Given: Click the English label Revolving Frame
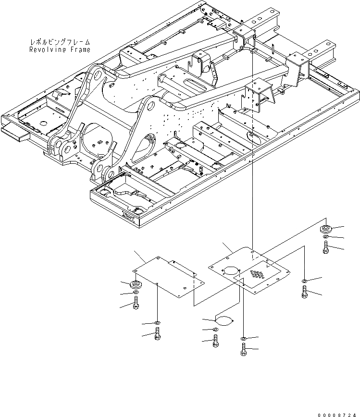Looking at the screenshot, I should pyautogui.click(x=59, y=49).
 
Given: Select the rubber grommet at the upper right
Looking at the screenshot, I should pyautogui.click(x=326, y=228).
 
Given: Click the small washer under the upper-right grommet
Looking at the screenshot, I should pyautogui.click(x=326, y=238).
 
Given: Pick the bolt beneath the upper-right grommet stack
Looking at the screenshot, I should pyautogui.click(x=326, y=248).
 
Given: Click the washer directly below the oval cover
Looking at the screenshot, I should pyautogui.click(x=215, y=329).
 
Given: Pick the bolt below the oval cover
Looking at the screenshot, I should pyautogui.click(x=215, y=341).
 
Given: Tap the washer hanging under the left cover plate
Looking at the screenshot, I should pyautogui.click(x=158, y=322).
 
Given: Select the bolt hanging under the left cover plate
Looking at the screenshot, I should pyautogui.click(x=158, y=334).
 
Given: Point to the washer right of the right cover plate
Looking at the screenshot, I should pyautogui.click(x=305, y=281).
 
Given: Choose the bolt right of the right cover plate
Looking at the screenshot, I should pyautogui.click(x=305, y=292).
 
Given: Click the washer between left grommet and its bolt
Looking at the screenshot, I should pyautogui.click(x=136, y=294).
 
